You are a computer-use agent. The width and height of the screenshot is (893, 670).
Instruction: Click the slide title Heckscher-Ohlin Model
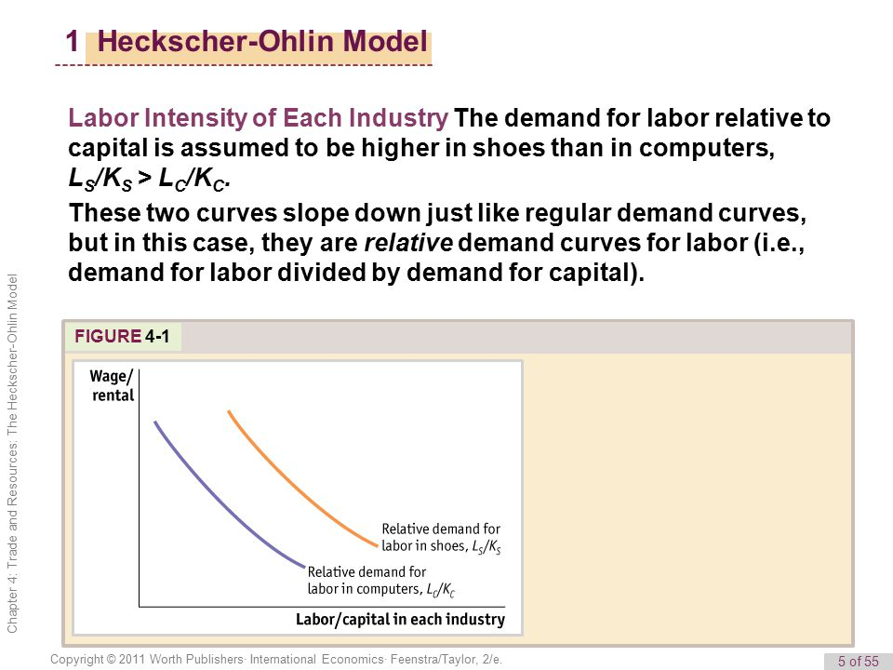point(262,42)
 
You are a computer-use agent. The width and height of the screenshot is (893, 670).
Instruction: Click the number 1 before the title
point(73,42)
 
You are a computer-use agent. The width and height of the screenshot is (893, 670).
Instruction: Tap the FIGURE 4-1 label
point(122,337)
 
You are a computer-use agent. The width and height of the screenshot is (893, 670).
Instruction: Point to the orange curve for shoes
point(288,483)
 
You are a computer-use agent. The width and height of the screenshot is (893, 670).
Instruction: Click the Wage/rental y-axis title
point(112,385)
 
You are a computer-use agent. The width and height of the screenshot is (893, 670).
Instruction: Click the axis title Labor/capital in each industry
point(400,619)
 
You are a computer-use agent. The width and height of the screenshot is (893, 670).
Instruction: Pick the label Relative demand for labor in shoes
point(441,537)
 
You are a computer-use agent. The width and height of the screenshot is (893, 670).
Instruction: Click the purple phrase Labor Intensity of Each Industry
point(258,119)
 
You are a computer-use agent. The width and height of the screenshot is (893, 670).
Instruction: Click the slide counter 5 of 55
point(857,662)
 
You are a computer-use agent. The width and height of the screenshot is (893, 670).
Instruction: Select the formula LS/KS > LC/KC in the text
point(149,179)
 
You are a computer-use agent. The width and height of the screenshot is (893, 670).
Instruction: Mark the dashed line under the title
point(244,67)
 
